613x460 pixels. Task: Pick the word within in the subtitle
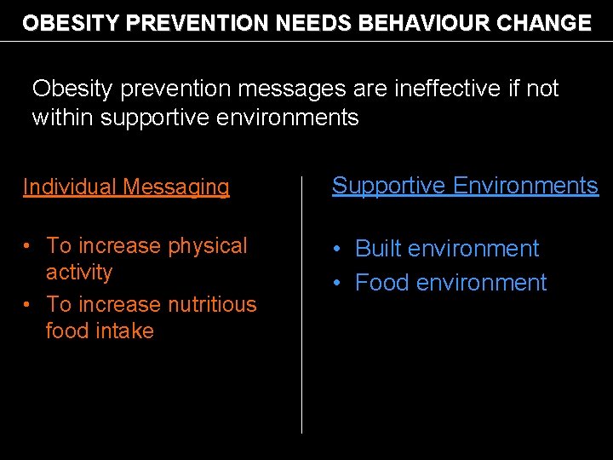[63, 118]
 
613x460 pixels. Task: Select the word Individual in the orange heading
[69, 187]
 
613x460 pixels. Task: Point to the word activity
[79, 273]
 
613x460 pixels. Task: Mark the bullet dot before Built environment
[338, 250]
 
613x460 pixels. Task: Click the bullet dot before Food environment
[338, 283]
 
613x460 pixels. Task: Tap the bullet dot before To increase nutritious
[29, 305]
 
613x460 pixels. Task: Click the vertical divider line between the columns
[302, 307]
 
